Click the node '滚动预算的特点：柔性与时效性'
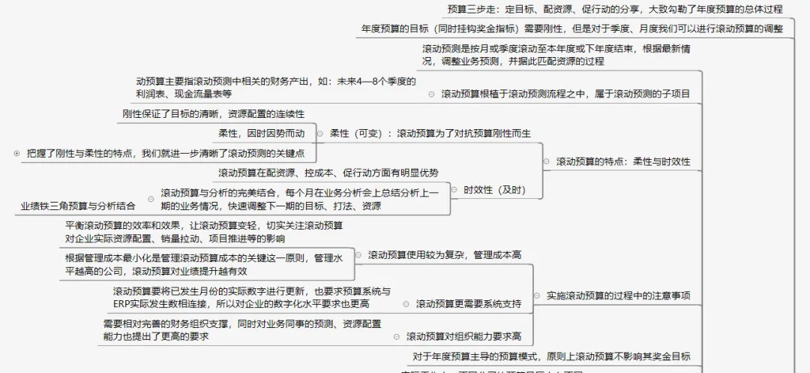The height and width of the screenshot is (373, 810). pos(622,161)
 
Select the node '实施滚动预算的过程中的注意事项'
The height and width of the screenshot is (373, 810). pos(618,296)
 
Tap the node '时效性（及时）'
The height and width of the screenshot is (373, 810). pos(494,190)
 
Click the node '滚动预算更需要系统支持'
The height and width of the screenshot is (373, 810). pos(469,304)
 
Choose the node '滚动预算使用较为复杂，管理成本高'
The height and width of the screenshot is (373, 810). pos(444,255)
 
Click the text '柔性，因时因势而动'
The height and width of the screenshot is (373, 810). pos(261,134)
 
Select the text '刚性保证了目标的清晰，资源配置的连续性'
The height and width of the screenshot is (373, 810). pos(214,114)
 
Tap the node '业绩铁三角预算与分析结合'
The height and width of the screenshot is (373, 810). pos(79,206)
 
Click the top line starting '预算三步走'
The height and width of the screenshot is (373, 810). pos(614,10)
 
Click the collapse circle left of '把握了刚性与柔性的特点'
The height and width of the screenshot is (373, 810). pos(16,153)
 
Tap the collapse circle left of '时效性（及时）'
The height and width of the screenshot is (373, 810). pos(454,190)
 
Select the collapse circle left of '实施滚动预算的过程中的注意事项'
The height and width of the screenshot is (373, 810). pos(536,296)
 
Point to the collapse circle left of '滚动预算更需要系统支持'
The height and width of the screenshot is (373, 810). pos(406,304)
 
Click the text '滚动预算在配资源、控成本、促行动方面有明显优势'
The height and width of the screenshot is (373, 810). pos(328,173)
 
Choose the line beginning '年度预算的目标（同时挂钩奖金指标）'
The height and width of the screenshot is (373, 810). pos(571,29)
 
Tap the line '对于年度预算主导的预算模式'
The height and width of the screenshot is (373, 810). pos(551,356)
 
